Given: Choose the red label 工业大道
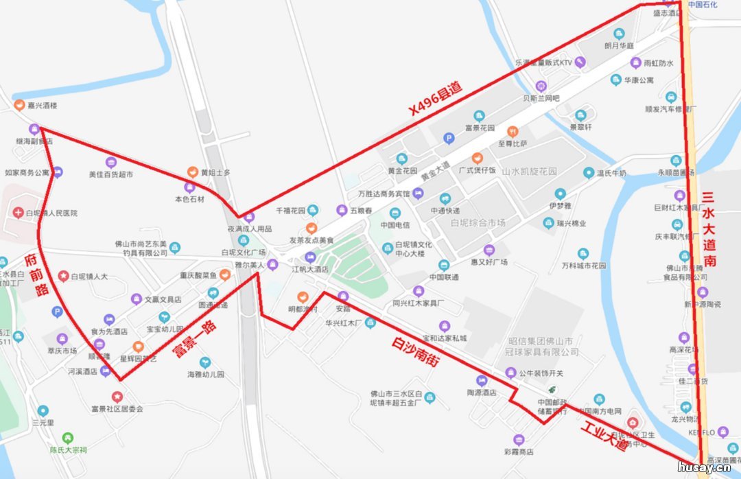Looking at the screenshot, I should click(604, 435).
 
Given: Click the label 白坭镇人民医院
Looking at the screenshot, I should click(51, 213).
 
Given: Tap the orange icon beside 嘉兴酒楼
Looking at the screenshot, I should click(19, 106).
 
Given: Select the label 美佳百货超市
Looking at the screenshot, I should click(110, 175).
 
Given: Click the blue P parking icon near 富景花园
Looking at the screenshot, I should click(449, 138).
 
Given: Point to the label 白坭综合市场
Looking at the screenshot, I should click(478, 223).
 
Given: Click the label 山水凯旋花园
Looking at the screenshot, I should click(529, 172).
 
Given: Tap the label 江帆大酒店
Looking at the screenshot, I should click(310, 269).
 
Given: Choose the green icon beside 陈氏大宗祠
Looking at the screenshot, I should click(67, 438).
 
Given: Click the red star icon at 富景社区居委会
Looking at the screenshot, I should click(117, 397).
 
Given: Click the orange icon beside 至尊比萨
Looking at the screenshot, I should click(512, 131).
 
